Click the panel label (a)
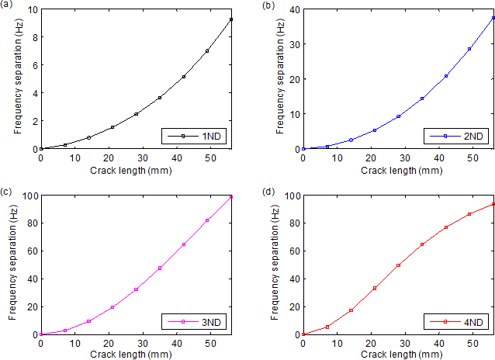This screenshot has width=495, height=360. click(x=7, y=5)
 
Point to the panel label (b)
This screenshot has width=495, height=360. click(x=269, y=5)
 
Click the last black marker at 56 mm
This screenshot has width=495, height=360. click(x=231, y=19)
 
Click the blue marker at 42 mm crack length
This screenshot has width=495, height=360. click(x=446, y=76)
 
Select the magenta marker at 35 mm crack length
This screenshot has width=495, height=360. click(x=160, y=268)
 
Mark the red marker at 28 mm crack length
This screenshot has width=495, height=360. click(x=399, y=265)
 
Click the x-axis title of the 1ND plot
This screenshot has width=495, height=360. click(x=136, y=169)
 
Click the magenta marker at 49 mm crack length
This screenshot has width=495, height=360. click(x=207, y=220)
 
